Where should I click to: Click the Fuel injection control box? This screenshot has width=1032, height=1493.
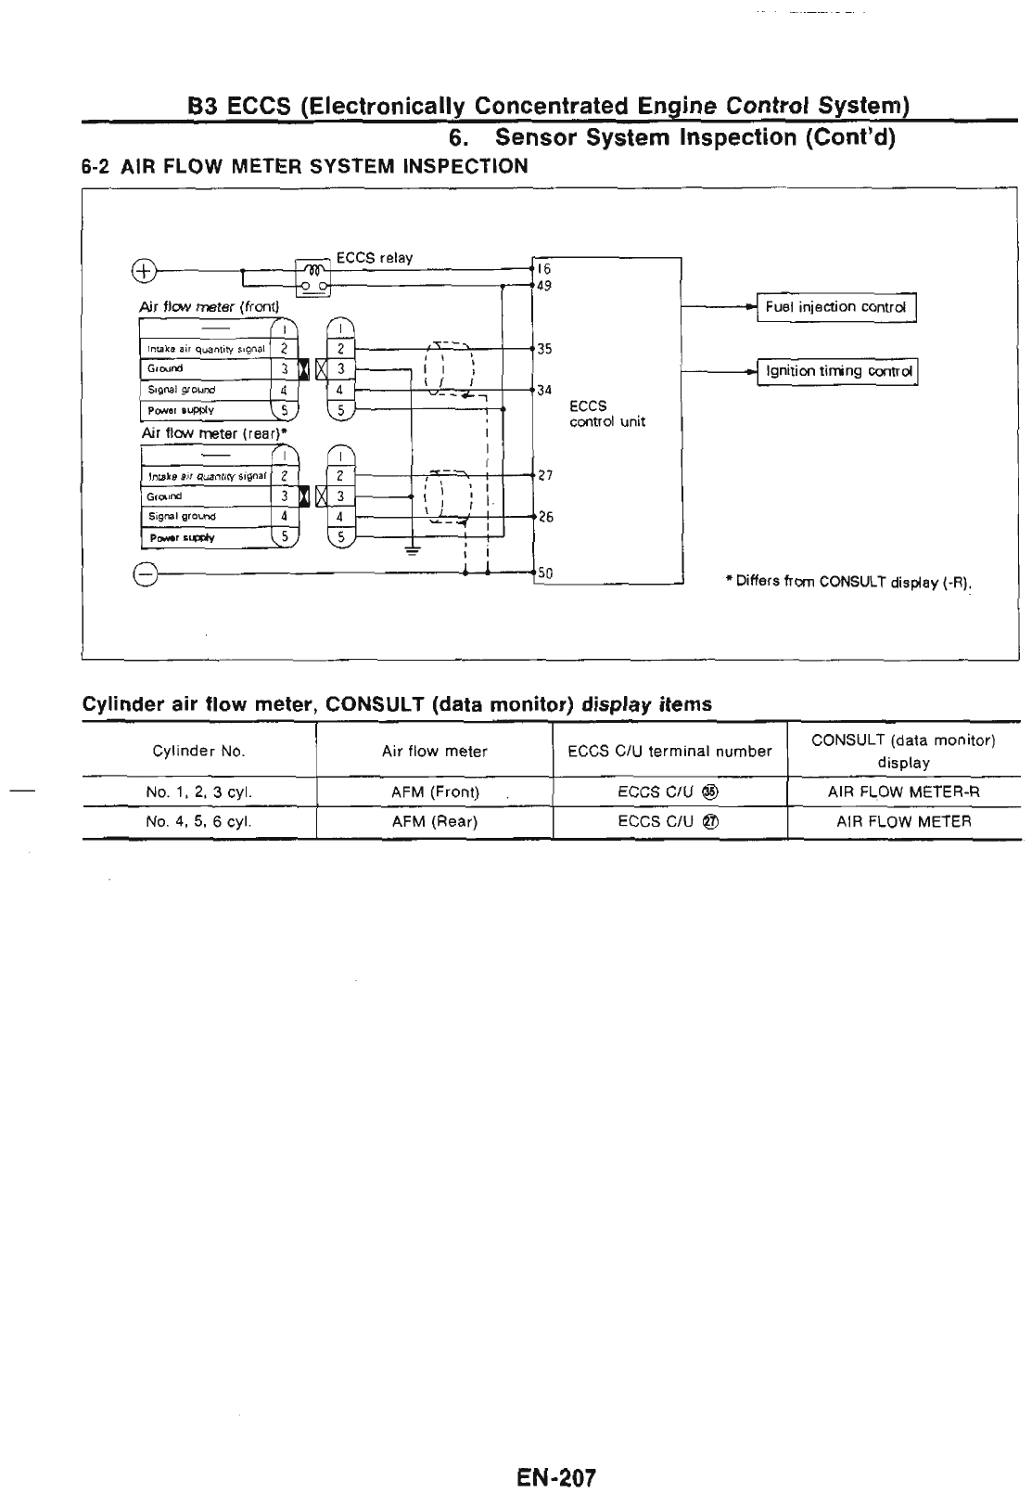coord(836,308)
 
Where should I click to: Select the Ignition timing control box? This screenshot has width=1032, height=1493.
coord(837,371)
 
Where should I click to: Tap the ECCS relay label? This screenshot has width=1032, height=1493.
coord(374,258)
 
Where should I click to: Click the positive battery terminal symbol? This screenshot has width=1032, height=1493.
coord(144,271)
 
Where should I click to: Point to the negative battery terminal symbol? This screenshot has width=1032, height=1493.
coord(144,574)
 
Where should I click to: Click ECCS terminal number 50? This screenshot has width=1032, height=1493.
coord(545,574)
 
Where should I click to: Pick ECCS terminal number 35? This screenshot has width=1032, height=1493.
coord(544,349)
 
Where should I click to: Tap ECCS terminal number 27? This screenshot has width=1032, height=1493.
coord(545,475)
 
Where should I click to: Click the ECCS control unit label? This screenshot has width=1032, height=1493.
coord(606,414)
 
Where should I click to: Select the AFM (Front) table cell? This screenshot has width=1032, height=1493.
coord(435,792)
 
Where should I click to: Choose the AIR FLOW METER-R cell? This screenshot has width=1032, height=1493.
coord(903,792)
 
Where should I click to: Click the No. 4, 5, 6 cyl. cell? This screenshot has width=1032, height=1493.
coord(198,821)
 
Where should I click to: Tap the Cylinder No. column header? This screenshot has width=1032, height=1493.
coord(198,751)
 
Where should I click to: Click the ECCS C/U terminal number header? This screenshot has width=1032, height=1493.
coord(669,751)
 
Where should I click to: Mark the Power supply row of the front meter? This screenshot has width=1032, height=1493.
coord(204,410)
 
